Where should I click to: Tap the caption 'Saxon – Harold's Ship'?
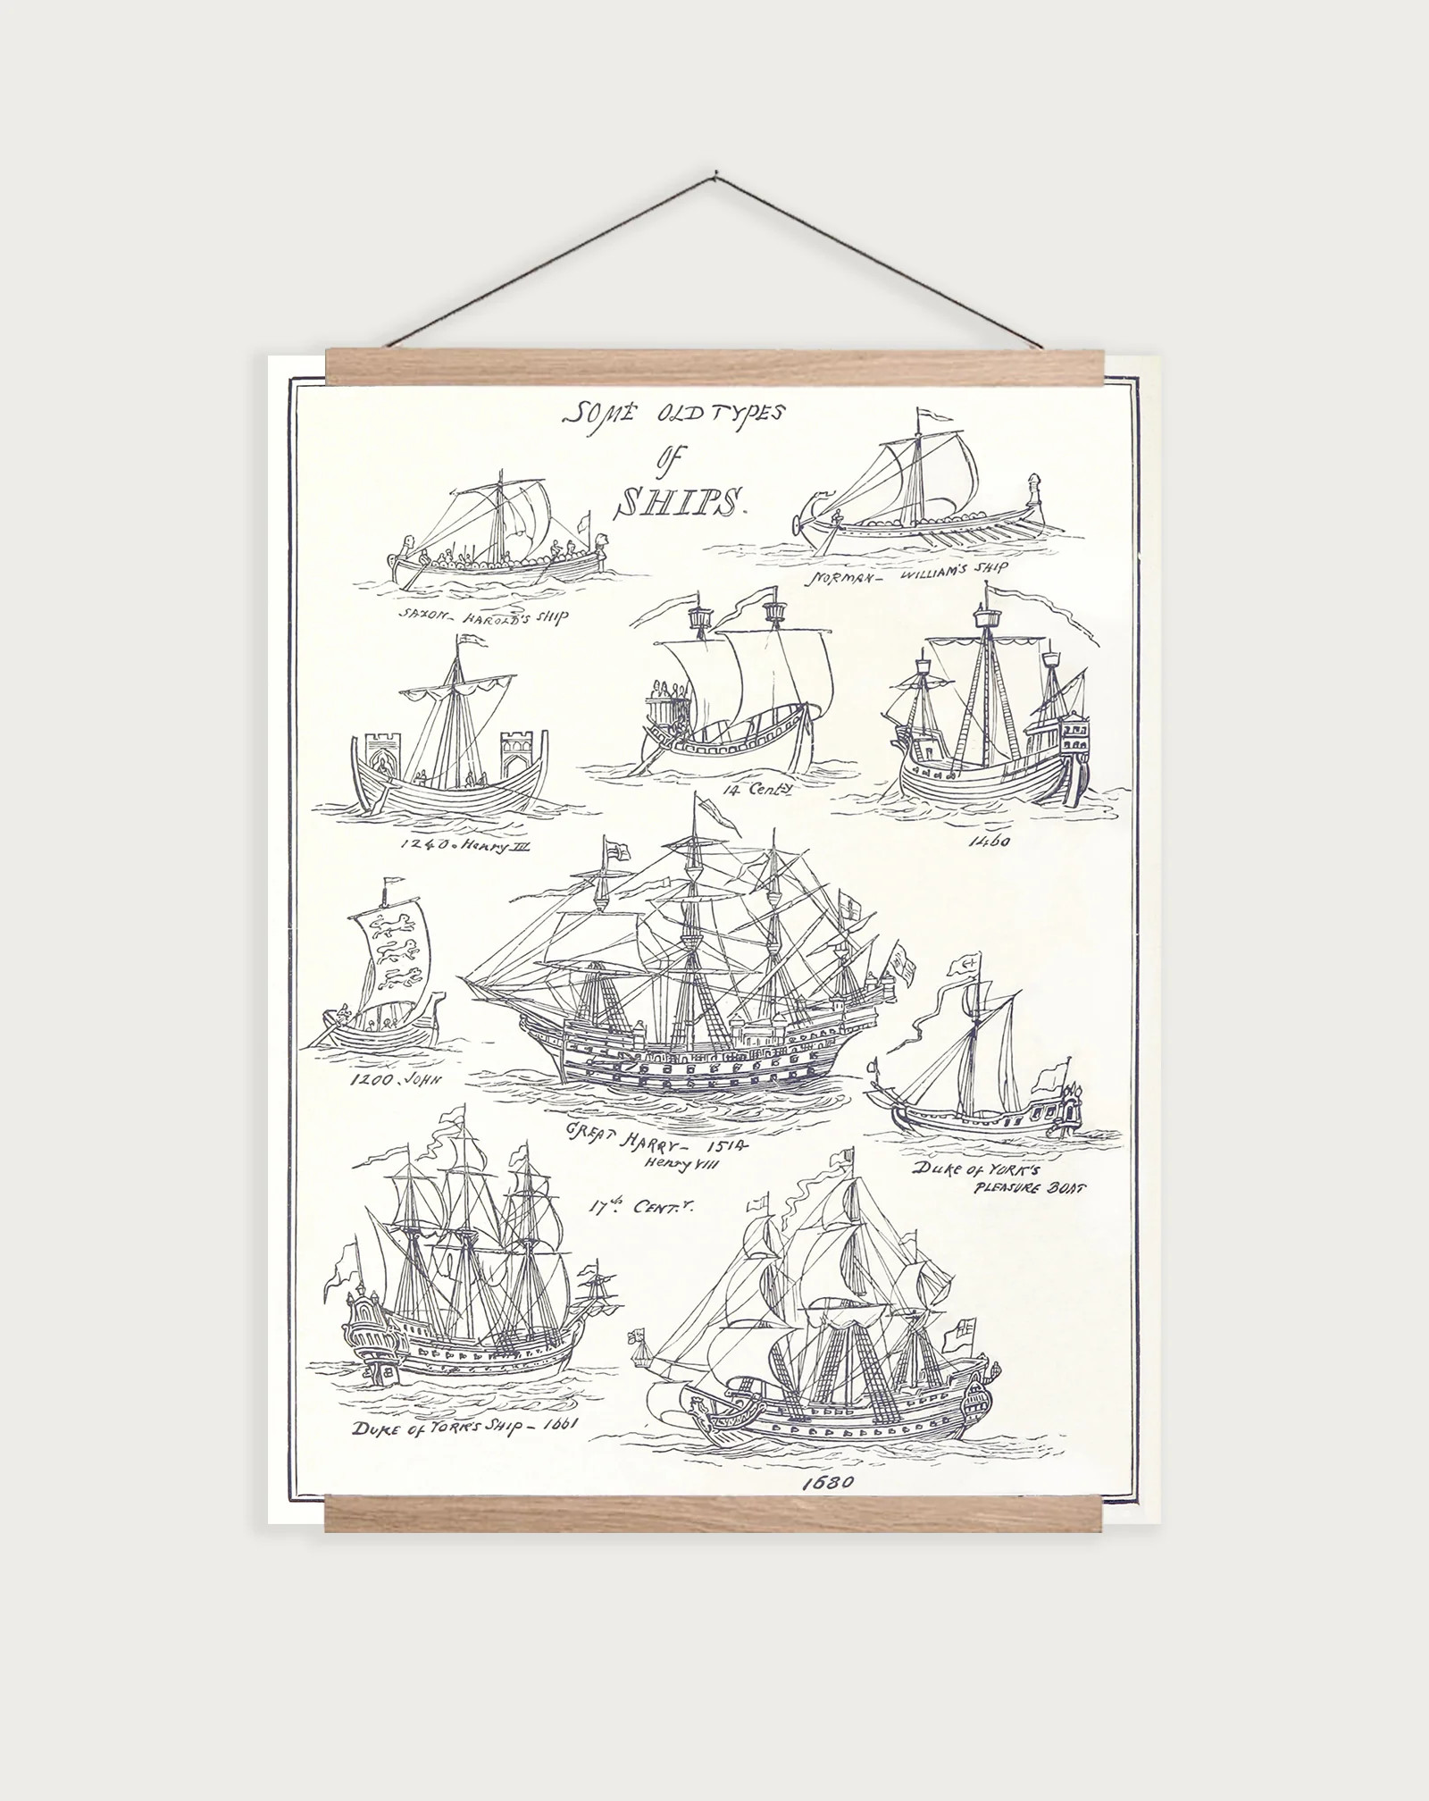pos(484,616)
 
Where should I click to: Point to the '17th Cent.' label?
pos(639,1208)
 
